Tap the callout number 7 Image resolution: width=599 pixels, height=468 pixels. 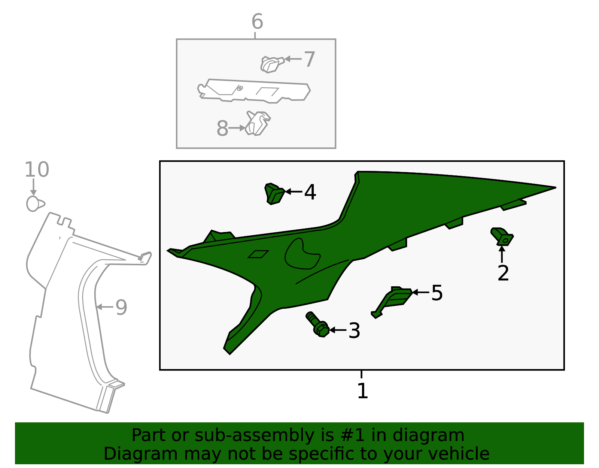309,59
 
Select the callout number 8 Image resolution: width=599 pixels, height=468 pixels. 222,129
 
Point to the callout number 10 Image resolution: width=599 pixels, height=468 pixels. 37,170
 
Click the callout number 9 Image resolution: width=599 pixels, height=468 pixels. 121,308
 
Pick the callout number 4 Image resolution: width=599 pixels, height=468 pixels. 310,192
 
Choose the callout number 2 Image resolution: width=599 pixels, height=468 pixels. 503,273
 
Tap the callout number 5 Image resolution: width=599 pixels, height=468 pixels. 437,293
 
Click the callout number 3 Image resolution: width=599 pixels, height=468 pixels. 354,330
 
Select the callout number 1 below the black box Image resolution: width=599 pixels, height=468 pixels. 362,391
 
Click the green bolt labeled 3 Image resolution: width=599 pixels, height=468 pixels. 317,324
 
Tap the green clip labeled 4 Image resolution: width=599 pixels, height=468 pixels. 275,194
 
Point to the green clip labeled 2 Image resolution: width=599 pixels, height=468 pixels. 502,236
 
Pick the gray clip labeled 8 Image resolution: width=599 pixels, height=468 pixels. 258,123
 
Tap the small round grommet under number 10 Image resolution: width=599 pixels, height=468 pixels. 35,204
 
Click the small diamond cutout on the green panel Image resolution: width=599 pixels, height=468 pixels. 258,254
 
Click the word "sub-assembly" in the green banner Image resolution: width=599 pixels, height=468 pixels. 255,435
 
